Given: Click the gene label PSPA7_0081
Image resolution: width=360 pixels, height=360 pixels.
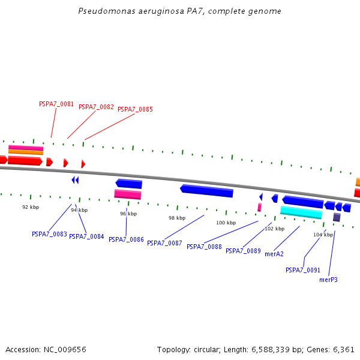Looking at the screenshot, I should pos(56,104).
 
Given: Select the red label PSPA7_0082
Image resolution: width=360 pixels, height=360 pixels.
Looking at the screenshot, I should pos(96,107).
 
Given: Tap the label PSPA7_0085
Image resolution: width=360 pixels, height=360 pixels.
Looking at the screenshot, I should pos(135,110).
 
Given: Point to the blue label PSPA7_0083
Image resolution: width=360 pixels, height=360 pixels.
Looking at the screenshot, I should pos(49,234).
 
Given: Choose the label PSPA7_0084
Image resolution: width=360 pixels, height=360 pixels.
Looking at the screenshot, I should pos(86,237).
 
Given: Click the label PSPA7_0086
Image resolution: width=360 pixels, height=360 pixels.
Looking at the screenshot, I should pos(126,239).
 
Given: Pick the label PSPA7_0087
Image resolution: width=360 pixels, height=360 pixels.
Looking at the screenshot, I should pos(164,243).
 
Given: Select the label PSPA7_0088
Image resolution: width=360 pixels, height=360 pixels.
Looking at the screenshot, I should pos(204,247).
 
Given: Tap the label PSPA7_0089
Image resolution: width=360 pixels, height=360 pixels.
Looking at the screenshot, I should pos(243,251).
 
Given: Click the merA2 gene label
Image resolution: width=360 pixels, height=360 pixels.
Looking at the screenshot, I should pos(274,254).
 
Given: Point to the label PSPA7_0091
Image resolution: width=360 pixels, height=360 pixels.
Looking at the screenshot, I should pos(303,270).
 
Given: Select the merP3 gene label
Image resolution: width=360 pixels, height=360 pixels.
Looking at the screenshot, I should pos(328,280).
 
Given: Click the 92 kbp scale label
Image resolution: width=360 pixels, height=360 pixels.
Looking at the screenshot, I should pos(31,207).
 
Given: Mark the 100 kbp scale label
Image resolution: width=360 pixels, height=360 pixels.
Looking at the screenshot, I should pos(226,223).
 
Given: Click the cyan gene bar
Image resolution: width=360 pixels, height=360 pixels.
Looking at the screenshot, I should pos(301,212).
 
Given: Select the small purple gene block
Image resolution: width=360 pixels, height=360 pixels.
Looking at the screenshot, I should pos(337,217).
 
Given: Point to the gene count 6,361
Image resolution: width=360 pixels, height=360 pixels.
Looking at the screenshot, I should pos(344,349).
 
